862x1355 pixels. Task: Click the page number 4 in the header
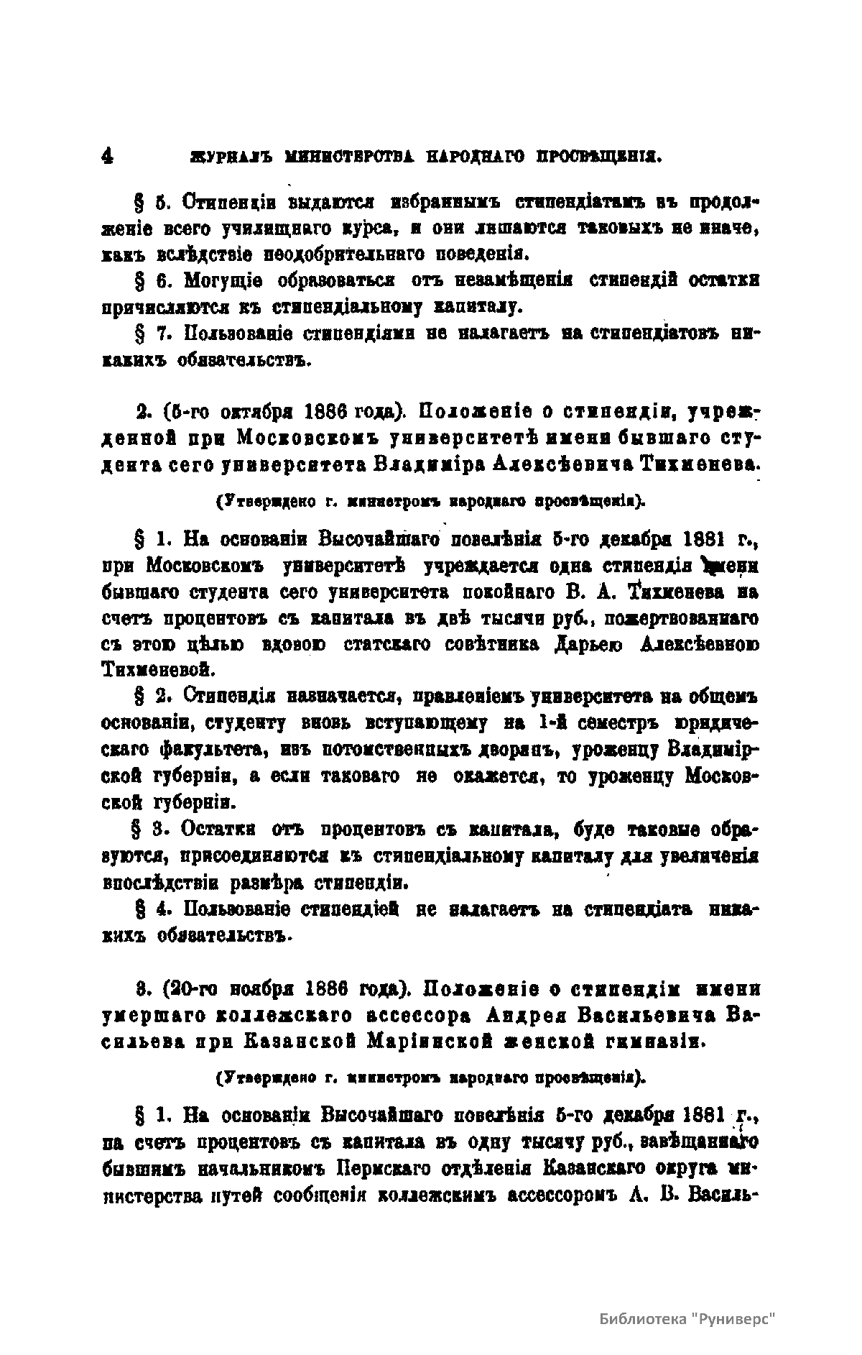click(x=108, y=157)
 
